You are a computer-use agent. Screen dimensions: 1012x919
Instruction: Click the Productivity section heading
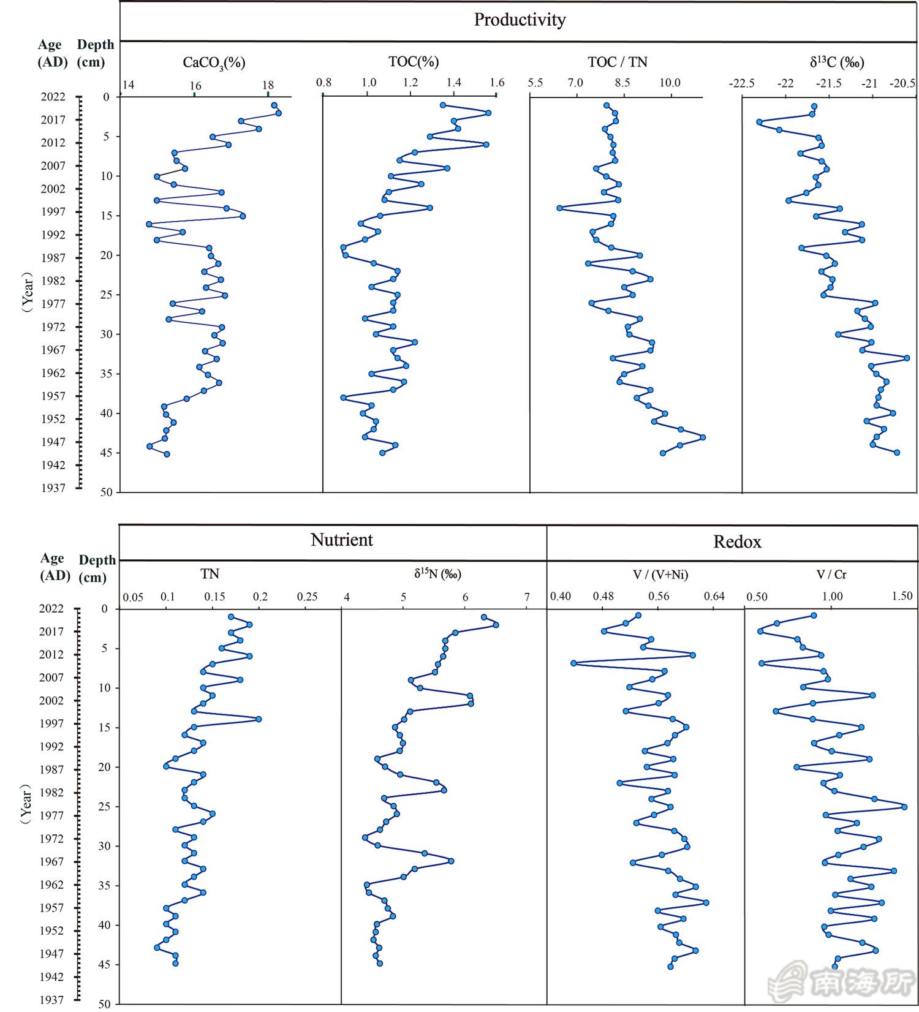520,20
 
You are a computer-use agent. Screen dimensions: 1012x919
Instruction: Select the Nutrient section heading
342,540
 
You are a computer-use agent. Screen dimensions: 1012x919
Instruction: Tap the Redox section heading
737,542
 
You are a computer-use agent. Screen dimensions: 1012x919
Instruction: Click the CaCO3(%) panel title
214,62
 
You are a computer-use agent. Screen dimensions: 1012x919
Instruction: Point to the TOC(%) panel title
414,61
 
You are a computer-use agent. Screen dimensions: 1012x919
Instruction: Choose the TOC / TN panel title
617,61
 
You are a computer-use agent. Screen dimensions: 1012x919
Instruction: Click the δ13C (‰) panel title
836,62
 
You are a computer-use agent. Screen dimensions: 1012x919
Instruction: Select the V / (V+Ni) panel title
659,574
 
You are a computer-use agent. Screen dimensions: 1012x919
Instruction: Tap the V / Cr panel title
831,574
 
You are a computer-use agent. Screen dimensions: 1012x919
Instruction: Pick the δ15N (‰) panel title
437,574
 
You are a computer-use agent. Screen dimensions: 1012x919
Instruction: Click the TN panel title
210,574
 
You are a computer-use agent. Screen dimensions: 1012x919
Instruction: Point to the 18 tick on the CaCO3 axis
268,85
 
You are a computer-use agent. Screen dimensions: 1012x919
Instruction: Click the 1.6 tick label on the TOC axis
497,82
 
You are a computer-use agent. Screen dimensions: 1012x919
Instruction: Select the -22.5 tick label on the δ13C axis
741,83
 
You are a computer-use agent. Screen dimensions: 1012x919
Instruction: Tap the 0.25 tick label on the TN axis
307,596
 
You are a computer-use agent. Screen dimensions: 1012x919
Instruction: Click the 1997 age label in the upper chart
53,212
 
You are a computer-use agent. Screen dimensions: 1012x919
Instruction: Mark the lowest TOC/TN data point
559,208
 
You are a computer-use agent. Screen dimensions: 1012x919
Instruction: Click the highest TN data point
259,719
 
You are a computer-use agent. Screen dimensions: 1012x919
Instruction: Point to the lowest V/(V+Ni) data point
573,663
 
